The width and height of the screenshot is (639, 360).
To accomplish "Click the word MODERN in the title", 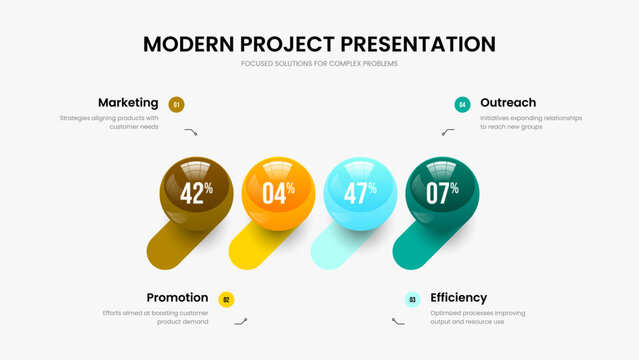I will coord(189,44).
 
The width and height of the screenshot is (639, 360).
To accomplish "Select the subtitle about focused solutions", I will coord(319,64).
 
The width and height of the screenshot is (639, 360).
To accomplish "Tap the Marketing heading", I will coord(128,102).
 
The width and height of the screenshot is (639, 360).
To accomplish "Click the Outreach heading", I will coord(508,102).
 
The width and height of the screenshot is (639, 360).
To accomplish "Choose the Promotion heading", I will coord(177,297).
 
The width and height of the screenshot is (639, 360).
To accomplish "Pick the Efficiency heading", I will coord(459,297).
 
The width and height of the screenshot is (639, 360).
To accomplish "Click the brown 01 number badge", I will coord(177,104).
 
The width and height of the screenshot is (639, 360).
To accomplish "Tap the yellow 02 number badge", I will coord(226,299).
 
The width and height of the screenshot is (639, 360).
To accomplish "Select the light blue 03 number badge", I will coord(412,299).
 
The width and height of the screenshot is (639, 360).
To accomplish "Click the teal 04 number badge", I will coord(462,104).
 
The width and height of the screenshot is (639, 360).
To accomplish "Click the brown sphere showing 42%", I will coord(197,192).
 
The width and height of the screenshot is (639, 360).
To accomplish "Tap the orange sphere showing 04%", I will coord(279,192).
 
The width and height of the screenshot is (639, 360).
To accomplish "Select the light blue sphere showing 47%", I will coord(360,192).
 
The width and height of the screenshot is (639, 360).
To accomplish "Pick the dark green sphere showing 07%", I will coord(442,192).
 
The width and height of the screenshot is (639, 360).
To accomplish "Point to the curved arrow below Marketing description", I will coord(191,131).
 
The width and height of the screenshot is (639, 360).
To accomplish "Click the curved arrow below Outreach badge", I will coord(448,131).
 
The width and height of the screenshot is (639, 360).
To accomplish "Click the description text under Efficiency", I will coord(478,317).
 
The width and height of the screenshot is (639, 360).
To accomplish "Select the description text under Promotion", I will coord(156,317).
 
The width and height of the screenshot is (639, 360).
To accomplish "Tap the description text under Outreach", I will coord(530,122).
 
